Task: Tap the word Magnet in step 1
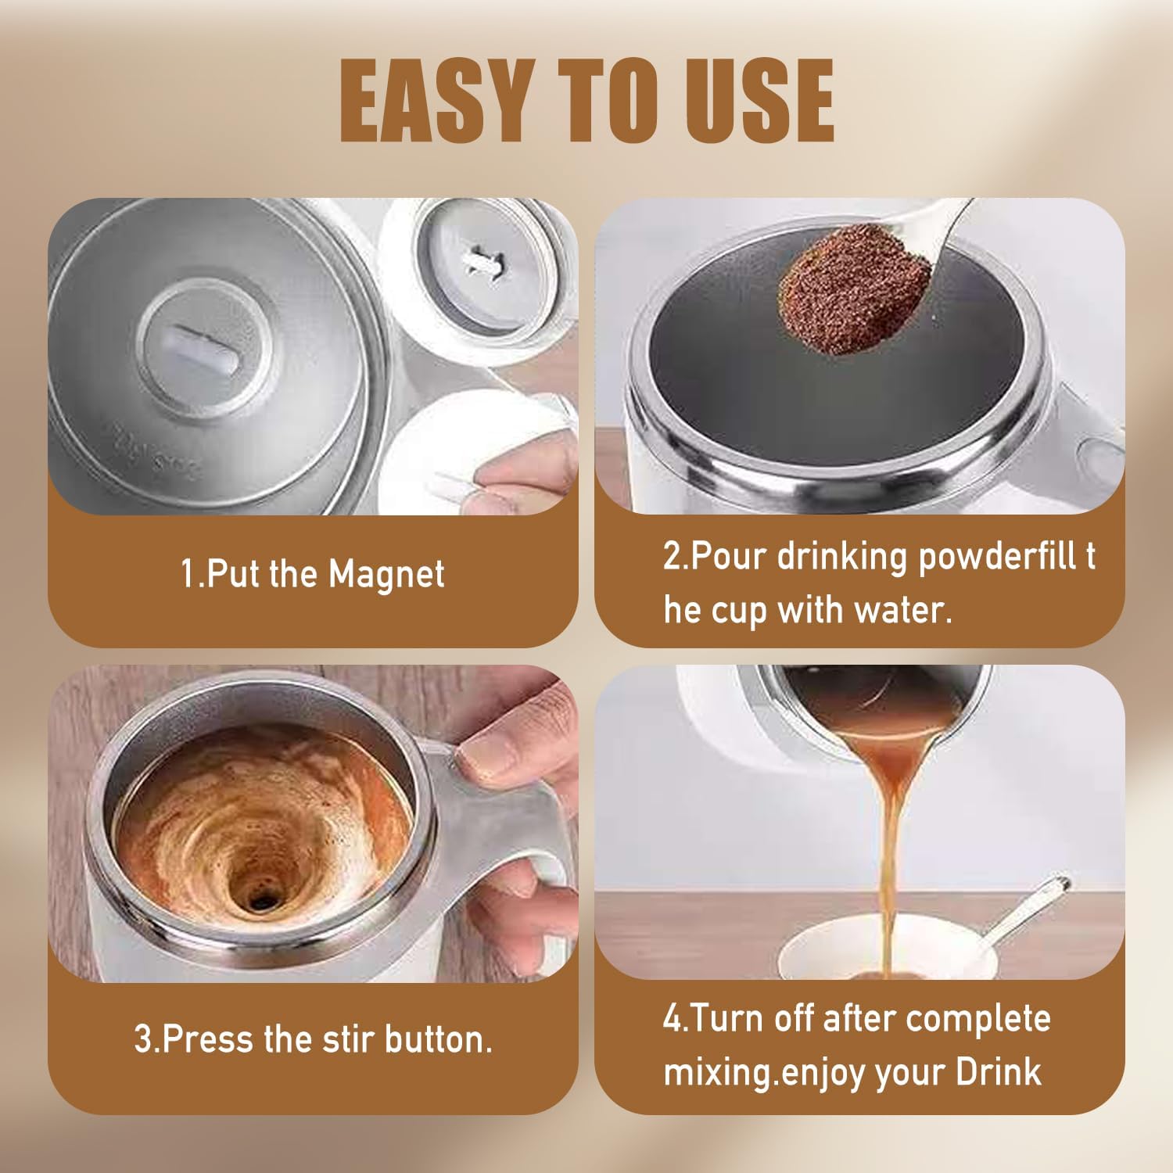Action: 386,575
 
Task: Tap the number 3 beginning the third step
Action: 142,1039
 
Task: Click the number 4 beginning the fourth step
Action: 672,1019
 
